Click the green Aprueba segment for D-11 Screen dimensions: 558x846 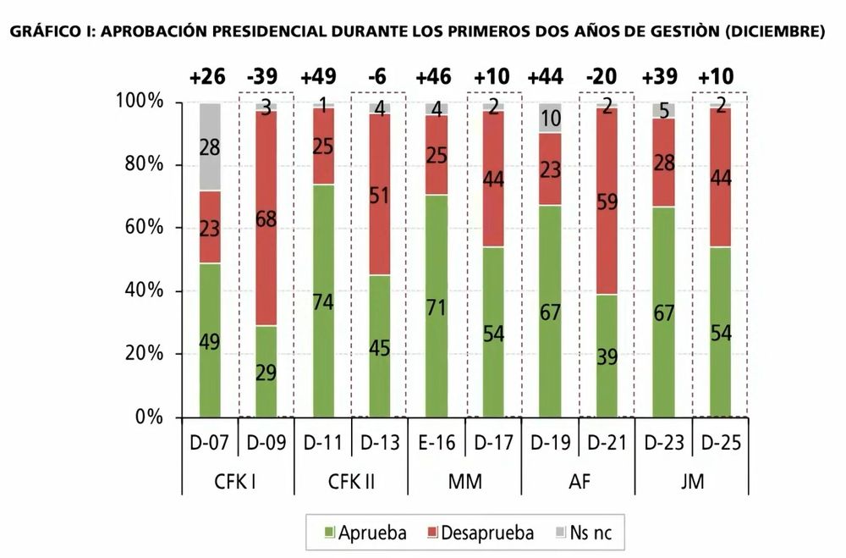tap(322, 301)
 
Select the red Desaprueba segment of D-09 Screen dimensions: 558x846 tap(266, 218)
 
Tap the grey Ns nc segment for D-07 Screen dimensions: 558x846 tap(210, 146)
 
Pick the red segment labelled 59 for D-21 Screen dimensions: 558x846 tap(606, 202)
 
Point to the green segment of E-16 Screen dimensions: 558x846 tap(437, 306)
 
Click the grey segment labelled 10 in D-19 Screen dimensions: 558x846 tap(549, 118)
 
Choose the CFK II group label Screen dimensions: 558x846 tap(350, 482)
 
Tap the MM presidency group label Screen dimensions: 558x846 tap(464, 482)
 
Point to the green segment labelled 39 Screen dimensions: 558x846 tap(606, 356)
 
